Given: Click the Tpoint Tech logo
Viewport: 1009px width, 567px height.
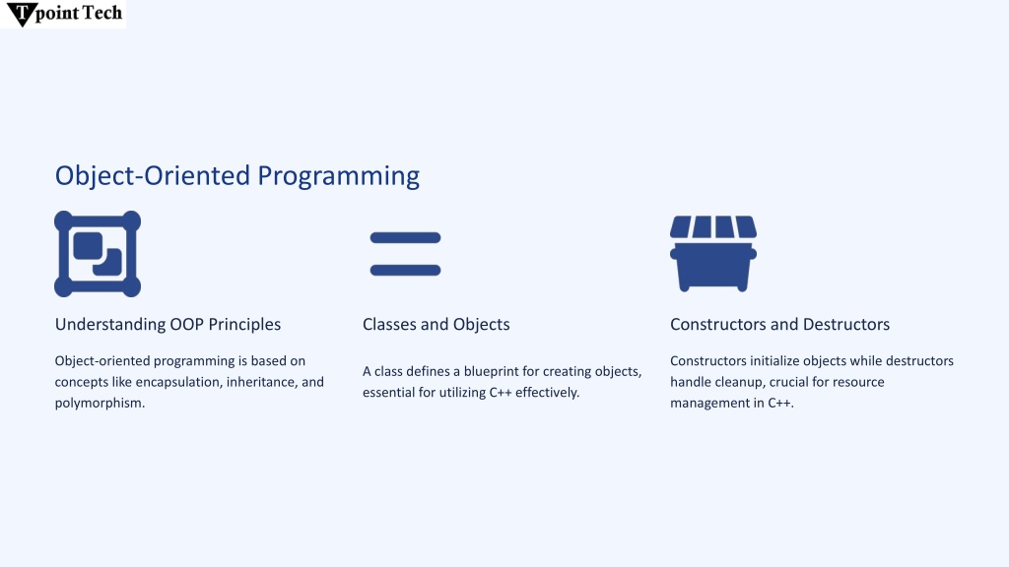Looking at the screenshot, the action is (63, 14).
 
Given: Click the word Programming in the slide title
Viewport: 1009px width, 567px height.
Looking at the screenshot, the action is (339, 177).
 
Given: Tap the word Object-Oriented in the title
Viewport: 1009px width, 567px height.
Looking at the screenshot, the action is (153, 176).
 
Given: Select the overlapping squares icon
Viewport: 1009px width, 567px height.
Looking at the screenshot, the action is (98, 254).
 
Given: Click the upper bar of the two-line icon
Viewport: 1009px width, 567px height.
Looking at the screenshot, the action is (405, 238).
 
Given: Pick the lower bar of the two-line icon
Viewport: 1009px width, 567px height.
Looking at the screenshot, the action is (405, 270).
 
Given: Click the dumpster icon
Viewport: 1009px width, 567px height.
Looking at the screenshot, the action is (713, 253).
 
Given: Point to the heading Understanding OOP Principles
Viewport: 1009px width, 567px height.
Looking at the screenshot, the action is (168, 324).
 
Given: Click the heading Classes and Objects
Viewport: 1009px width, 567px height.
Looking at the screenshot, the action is (437, 324).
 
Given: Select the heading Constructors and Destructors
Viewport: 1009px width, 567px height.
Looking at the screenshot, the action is (780, 324).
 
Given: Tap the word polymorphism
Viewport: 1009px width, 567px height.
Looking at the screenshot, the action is (100, 403).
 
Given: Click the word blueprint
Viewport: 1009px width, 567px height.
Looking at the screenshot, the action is (491, 371).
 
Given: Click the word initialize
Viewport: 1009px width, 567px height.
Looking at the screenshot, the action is (774, 360).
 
